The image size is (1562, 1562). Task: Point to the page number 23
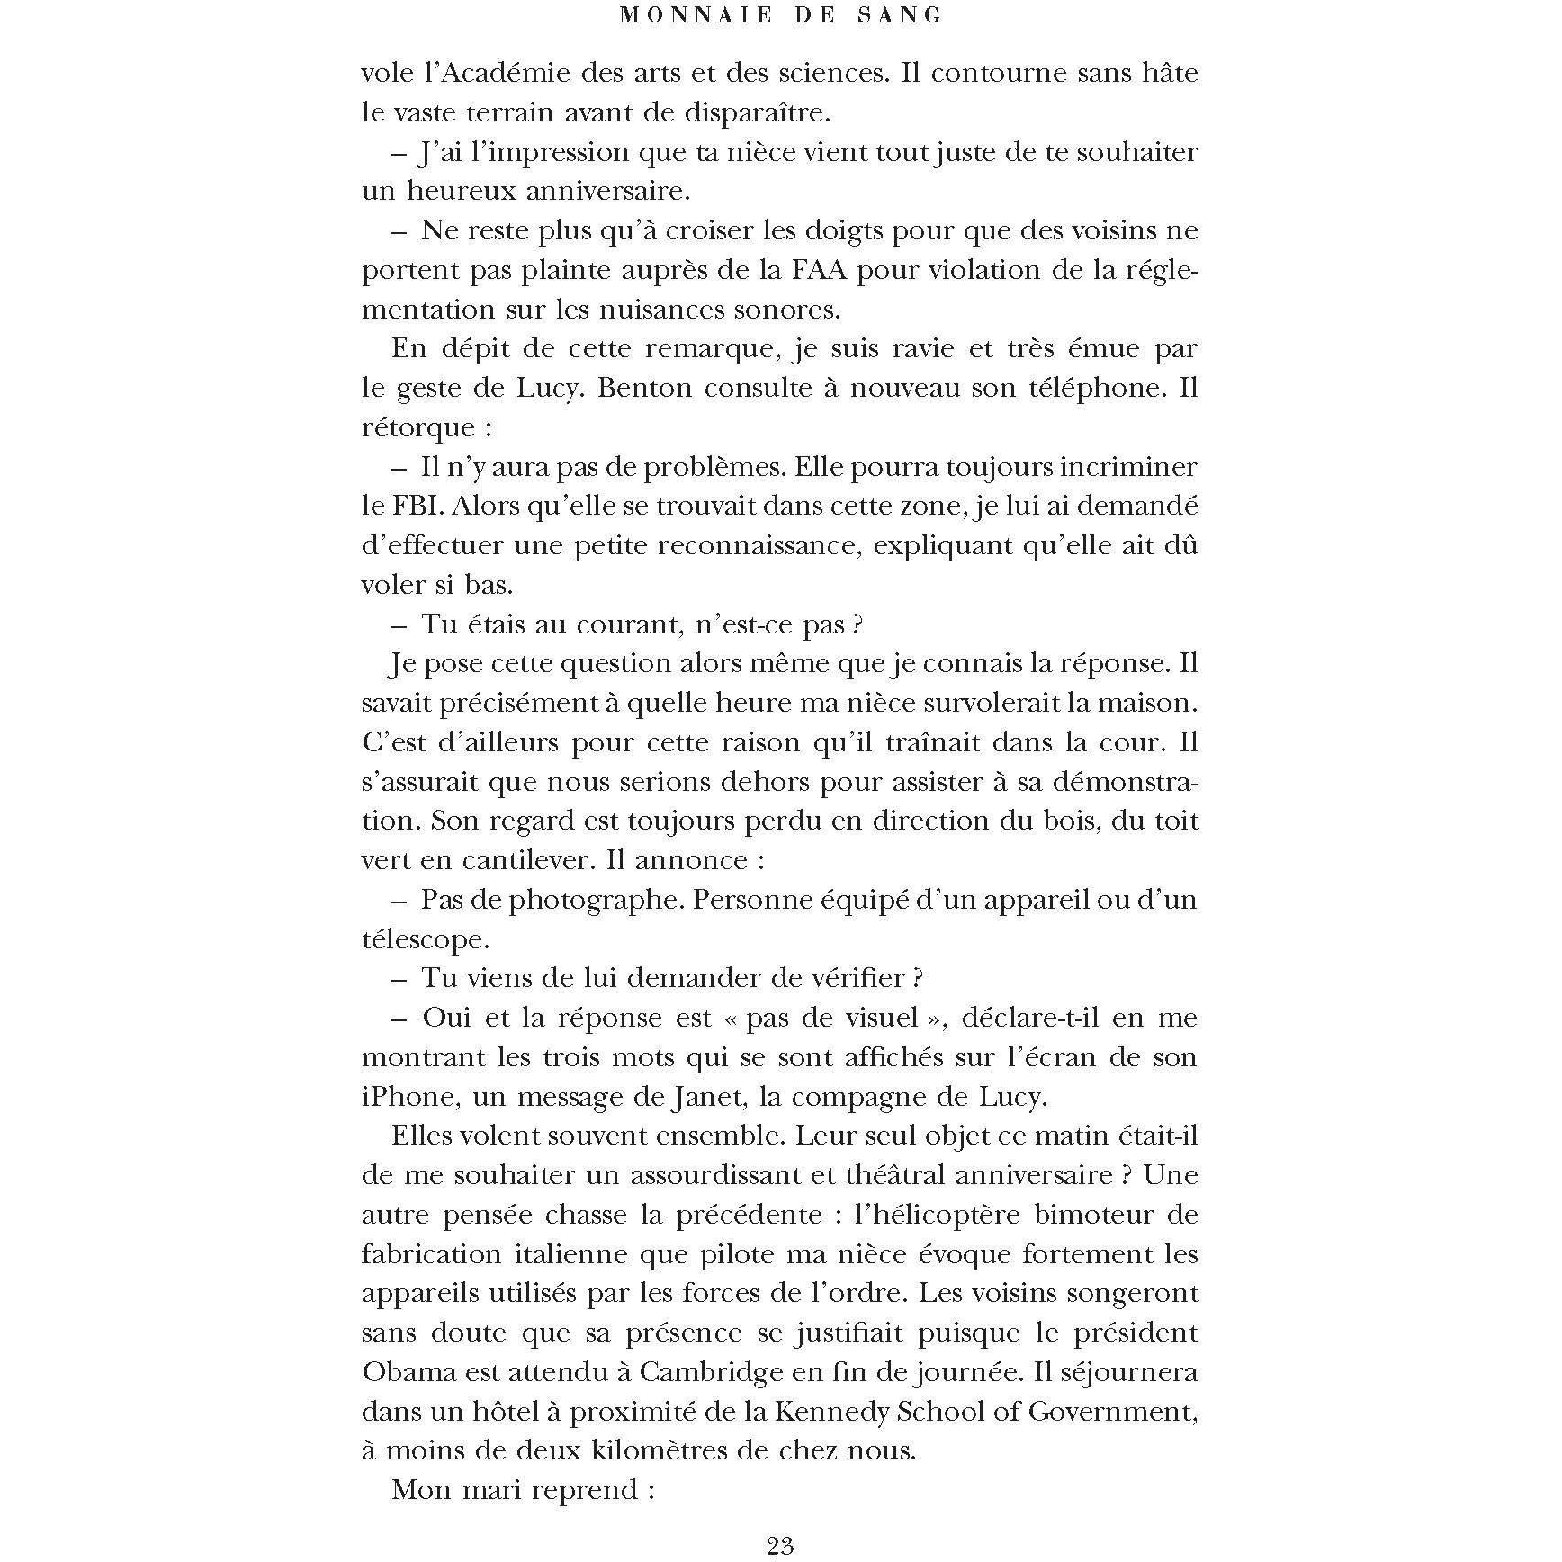780,1545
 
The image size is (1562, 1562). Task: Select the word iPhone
404,1097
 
